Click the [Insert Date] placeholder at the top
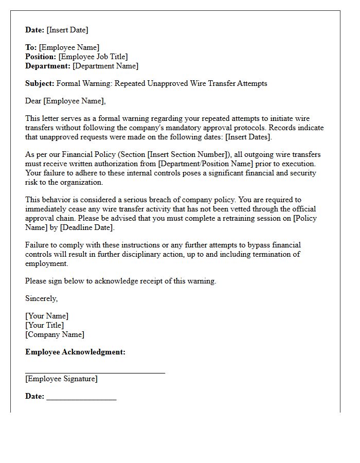(68, 30)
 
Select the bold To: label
(31, 47)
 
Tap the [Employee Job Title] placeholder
(93, 57)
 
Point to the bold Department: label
(48, 66)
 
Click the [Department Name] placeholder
(105, 66)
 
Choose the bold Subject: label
(40, 83)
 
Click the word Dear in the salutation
(33, 101)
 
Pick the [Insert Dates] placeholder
(248, 137)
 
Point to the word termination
(263, 254)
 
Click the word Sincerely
(41, 298)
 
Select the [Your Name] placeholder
(47, 316)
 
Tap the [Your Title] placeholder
(45, 325)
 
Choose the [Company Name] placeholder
(55, 334)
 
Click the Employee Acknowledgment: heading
(75, 352)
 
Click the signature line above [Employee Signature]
(95, 371)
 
